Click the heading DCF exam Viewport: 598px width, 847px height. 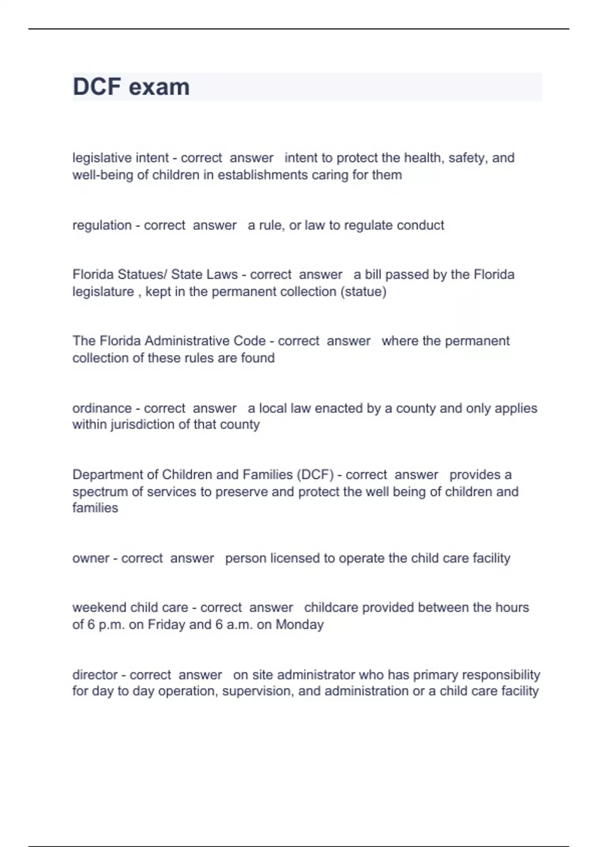pyautogui.click(x=131, y=87)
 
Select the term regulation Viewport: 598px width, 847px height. pyautogui.click(x=102, y=225)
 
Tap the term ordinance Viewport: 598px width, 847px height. pyautogui.click(x=102, y=408)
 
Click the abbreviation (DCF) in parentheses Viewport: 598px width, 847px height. pyautogui.click(x=315, y=475)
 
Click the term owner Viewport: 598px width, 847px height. pyautogui.click(x=91, y=558)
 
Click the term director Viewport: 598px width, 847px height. pyautogui.click(x=95, y=675)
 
